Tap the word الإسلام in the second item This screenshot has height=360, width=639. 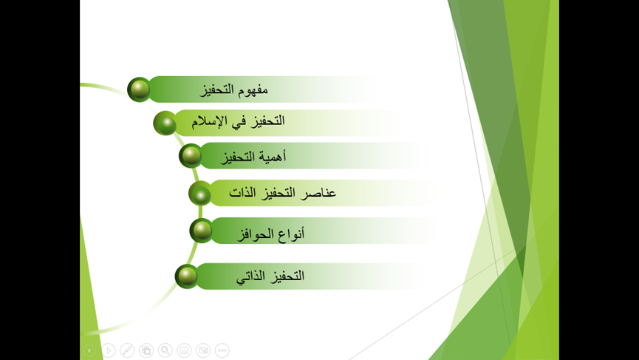point(208,121)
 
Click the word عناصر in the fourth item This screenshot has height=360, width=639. point(318,192)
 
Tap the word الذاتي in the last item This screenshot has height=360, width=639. point(251,276)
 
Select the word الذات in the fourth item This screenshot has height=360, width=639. point(242,192)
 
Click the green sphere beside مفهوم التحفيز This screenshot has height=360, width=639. point(140,89)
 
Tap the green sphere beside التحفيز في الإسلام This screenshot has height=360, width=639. point(165,123)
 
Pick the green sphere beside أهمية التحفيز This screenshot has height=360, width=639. point(191,156)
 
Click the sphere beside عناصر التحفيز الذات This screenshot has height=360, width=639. point(200,193)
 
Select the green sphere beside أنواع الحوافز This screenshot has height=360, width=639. point(202,231)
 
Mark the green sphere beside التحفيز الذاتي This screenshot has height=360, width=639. point(187,276)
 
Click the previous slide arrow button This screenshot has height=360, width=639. point(89,350)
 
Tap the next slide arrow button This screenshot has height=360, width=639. point(109,350)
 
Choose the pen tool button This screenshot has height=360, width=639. point(127,350)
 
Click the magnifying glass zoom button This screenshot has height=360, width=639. point(165,350)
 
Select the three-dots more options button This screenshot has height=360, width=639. point(222,350)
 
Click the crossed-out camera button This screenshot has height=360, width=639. point(203,350)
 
